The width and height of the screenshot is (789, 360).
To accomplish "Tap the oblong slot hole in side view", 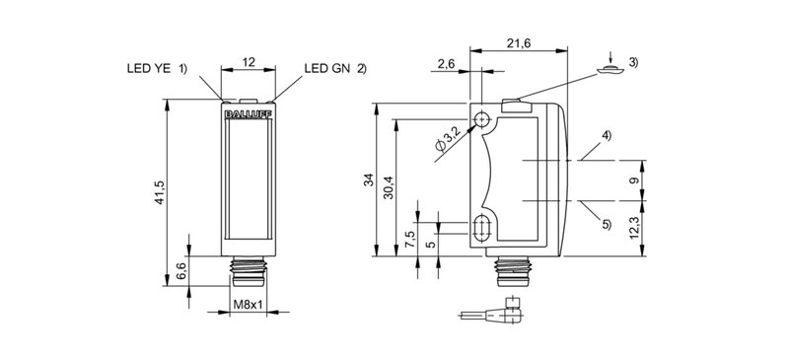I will click(483, 229).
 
